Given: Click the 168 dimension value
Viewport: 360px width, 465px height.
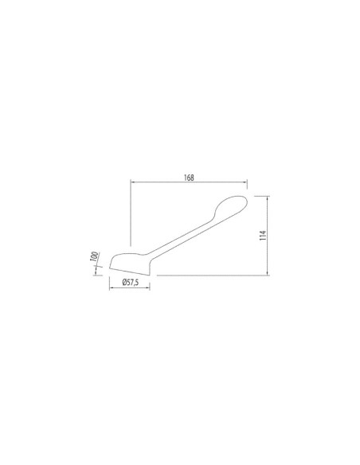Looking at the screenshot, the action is [189, 178].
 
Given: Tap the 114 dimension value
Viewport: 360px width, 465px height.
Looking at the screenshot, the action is [263, 235].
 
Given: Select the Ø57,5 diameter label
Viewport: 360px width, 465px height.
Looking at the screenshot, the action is [130, 283].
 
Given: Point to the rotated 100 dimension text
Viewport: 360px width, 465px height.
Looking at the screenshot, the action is [94, 256].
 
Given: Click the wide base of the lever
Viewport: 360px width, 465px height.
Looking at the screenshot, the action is [130, 264].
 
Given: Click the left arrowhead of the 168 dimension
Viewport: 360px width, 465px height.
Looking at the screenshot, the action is [133, 182].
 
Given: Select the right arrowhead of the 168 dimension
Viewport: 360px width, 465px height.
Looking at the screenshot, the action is [245, 182].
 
